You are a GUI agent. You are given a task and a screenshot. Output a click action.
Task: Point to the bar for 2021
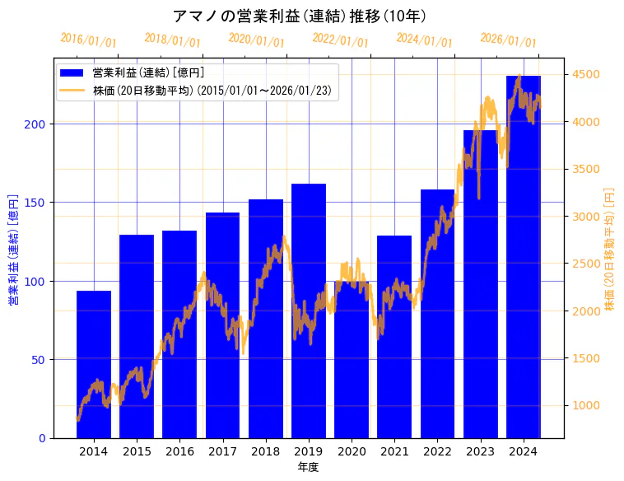click(x=394, y=337)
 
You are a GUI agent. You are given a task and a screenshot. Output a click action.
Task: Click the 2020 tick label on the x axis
click(x=352, y=451)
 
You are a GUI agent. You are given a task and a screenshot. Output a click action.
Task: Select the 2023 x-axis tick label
click(x=481, y=451)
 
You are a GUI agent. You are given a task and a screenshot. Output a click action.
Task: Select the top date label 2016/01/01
click(x=89, y=40)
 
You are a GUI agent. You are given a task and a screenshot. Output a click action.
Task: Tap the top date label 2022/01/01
click(x=340, y=40)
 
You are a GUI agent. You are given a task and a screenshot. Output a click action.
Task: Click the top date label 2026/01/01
click(x=508, y=40)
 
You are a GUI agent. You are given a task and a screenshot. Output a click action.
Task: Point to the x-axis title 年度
click(x=309, y=467)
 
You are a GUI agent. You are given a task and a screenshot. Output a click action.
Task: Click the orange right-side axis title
click(x=610, y=248)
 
